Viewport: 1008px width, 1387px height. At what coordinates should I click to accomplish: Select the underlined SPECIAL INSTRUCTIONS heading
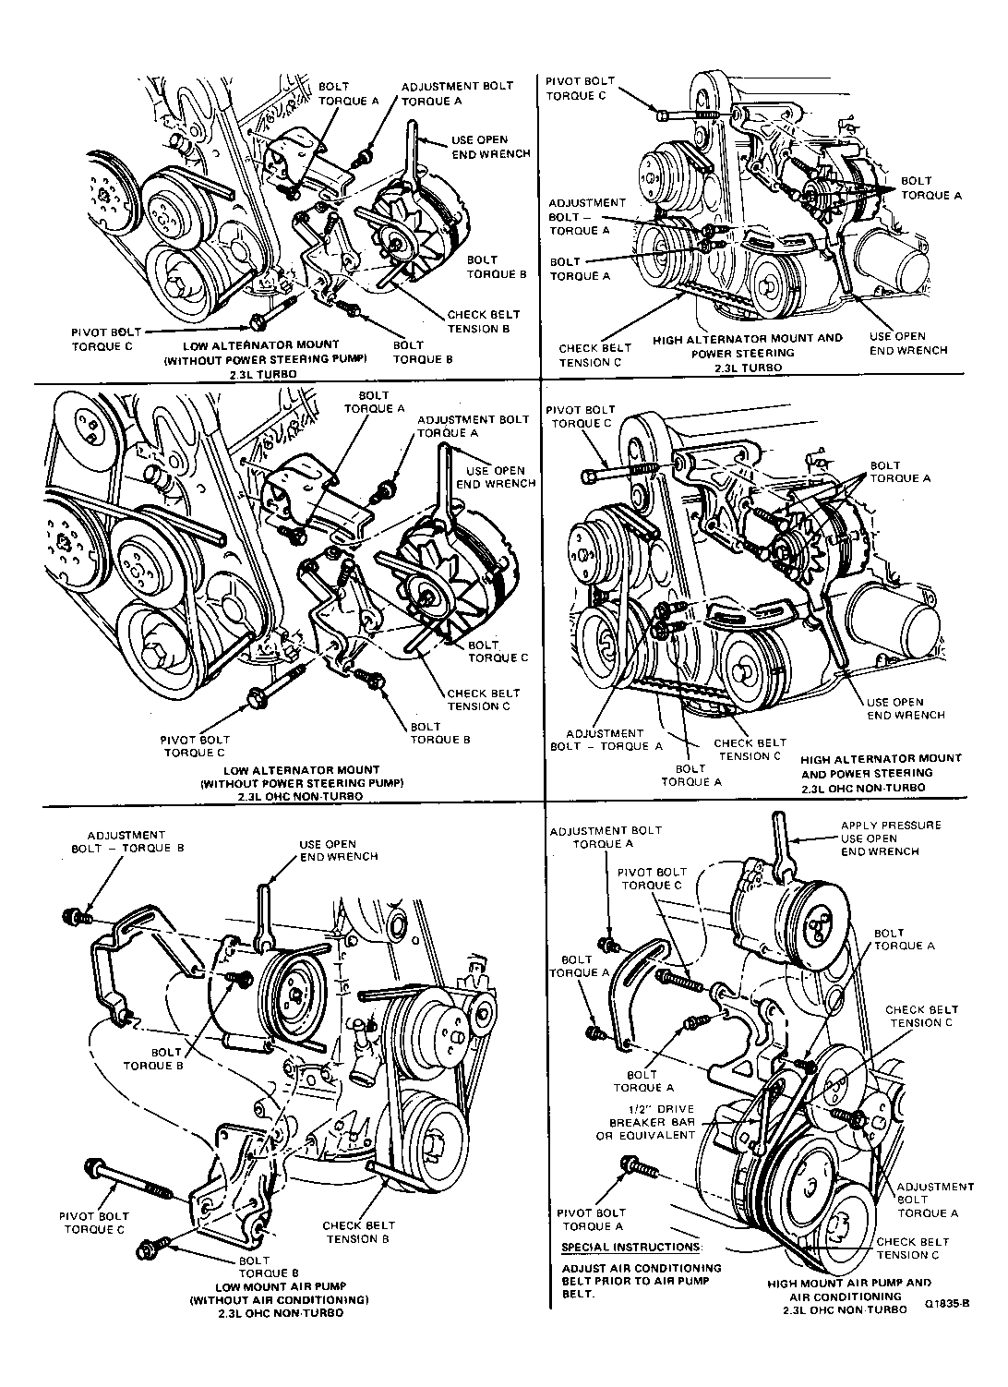click(x=630, y=1248)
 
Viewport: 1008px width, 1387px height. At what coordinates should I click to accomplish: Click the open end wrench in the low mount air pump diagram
click(x=263, y=914)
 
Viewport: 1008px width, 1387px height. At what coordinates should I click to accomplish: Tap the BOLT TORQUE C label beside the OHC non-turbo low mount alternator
click(x=498, y=651)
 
